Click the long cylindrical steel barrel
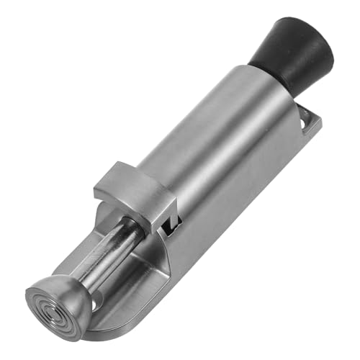pos(216,144)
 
